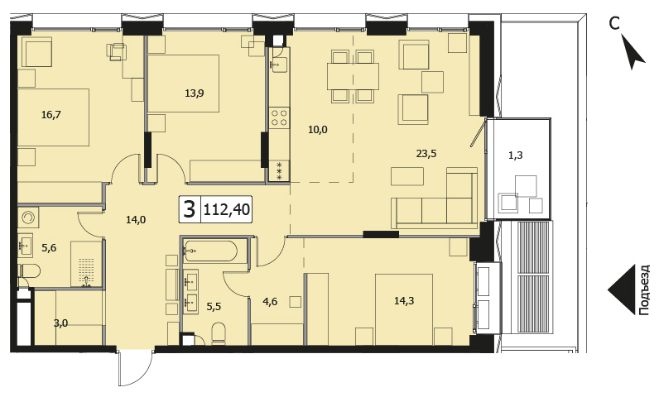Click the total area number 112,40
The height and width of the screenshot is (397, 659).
(227, 208)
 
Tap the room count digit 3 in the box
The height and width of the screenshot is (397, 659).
(190, 209)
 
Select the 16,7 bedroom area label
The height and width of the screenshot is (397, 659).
(51, 114)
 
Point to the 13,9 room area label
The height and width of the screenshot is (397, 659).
(195, 93)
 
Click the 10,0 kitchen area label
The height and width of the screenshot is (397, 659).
(317, 130)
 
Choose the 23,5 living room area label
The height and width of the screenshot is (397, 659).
(426, 154)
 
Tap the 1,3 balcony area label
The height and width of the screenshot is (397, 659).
(516, 155)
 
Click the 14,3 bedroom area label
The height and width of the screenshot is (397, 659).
(404, 300)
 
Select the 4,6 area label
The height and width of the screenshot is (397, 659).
(270, 301)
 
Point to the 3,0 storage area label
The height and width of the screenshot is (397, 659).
(61, 323)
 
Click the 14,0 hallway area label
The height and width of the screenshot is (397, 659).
(136, 219)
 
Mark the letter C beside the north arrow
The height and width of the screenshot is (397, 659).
(614, 24)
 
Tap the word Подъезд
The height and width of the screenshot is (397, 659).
(643, 289)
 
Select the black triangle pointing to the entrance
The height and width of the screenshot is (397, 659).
(621, 289)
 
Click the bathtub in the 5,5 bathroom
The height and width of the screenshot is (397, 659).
(210, 251)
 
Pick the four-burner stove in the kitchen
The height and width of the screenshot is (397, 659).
(280, 117)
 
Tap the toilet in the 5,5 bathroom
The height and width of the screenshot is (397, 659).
(218, 333)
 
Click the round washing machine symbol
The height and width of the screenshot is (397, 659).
(29, 218)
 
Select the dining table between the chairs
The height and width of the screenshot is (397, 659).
(353, 76)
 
